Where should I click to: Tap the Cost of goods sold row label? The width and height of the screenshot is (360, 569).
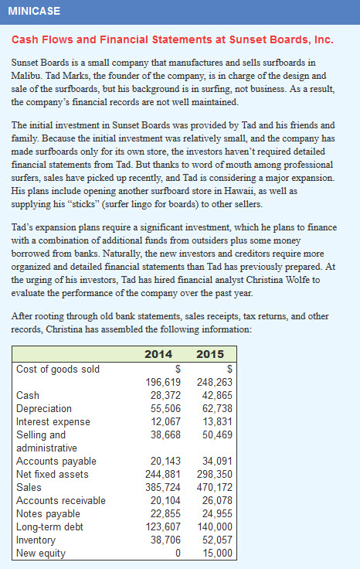pyautogui.click(x=58, y=369)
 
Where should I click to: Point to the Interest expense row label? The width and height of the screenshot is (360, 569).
pyautogui.click(x=53, y=421)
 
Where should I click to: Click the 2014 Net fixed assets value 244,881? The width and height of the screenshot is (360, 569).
pyautogui.click(x=162, y=474)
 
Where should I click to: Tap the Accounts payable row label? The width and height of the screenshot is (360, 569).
pyautogui.click(x=53, y=461)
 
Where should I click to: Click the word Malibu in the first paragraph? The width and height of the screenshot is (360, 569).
pyautogui.click(x=29, y=75)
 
